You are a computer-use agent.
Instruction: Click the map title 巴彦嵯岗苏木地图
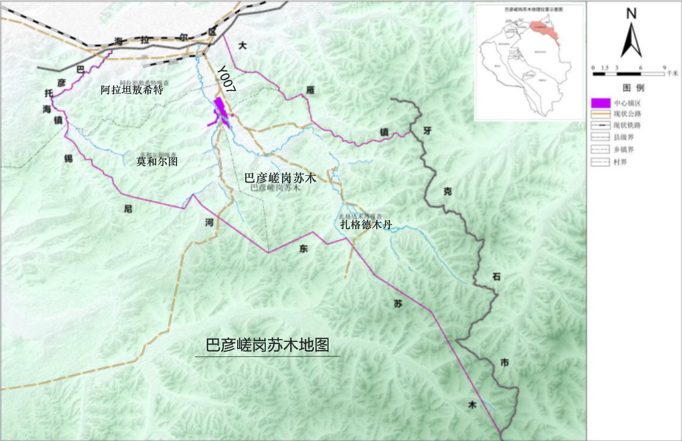coord(267,345)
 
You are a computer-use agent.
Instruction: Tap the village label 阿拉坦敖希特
coord(132,90)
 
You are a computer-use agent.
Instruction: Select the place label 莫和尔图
coord(157,161)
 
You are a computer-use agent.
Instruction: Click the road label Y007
coord(226,82)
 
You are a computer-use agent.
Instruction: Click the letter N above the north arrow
coord(631,14)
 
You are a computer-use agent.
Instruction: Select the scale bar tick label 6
coord(640,67)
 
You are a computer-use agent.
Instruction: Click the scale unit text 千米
coord(672,73)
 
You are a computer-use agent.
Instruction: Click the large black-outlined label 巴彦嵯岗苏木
coord(280,178)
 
